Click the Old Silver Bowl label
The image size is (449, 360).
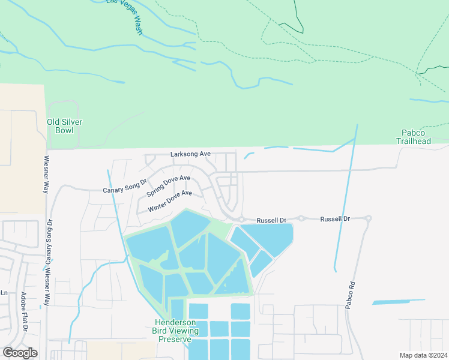pos(64,126)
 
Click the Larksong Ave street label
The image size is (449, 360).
pos(190,154)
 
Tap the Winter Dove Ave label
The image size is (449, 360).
pos(169,201)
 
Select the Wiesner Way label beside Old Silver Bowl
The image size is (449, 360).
pos(46,175)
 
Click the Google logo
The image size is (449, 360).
pos(20,352)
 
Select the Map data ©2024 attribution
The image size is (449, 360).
pos(423,355)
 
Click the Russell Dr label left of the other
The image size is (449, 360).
pos(271,220)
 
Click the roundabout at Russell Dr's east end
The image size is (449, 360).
pos(368,218)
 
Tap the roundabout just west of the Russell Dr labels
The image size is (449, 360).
pos(241,219)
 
